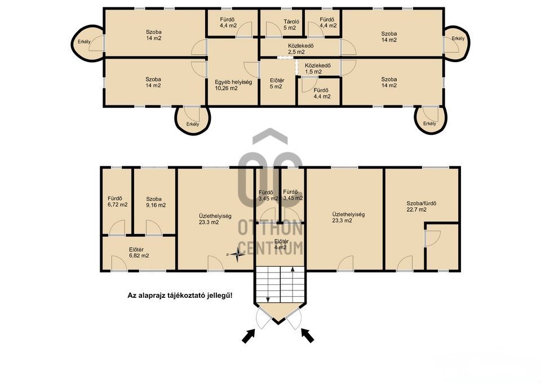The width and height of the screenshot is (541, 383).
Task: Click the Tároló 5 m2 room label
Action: click(x=291, y=24)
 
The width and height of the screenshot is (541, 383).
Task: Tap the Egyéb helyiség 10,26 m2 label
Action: click(x=233, y=85)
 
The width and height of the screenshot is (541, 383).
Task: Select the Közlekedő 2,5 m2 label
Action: click(x=301, y=49)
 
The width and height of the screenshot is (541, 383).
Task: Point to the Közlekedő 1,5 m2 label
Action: click(x=318, y=68)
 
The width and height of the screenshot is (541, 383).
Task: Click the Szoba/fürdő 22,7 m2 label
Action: click(x=422, y=206)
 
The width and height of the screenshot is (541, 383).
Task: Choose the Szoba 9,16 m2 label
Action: click(x=156, y=202)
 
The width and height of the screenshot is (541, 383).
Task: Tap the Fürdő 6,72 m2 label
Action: click(x=117, y=201)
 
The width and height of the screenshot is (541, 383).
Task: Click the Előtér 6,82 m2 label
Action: click(x=139, y=253)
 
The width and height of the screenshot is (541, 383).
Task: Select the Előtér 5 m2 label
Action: click(x=277, y=83)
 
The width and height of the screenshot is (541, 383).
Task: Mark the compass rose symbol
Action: click(x=237, y=254)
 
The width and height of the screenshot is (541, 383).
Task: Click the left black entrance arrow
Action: click(x=249, y=336)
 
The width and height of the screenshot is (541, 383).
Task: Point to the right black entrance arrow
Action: click(x=308, y=336)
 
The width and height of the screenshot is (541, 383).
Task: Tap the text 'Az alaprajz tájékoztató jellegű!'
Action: click(x=180, y=296)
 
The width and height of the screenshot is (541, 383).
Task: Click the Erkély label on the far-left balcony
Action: click(x=84, y=42)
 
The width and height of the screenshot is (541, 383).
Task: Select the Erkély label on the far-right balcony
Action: click(x=458, y=38)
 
